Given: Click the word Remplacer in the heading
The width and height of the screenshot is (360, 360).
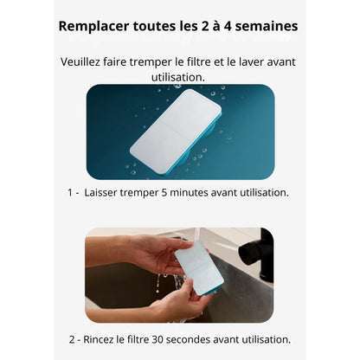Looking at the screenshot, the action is tap(93, 26).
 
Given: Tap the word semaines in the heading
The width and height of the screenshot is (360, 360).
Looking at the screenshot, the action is tap(267, 26).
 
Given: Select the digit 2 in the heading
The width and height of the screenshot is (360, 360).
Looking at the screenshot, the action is tap(202, 26).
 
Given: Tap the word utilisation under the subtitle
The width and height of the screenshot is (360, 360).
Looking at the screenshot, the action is tap(178, 77).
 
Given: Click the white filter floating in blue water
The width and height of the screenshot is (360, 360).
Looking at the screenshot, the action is tap(176, 132).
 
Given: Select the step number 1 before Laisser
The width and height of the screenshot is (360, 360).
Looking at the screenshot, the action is tap(70, 193).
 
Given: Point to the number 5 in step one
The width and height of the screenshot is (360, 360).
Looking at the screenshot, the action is tap(164, 193).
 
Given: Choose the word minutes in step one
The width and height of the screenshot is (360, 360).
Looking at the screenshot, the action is tap(190, 193).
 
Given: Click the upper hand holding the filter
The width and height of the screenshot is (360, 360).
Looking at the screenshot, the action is tap(138, 252).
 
